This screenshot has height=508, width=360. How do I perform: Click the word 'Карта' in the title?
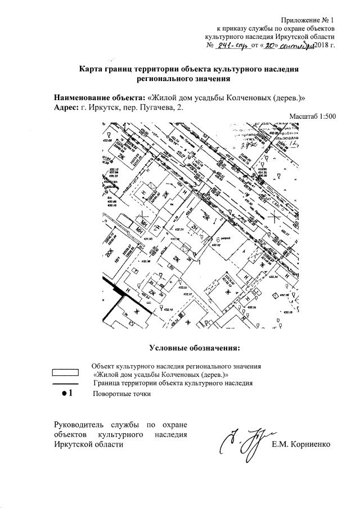click(x=92, y=69)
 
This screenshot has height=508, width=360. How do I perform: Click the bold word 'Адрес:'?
click(x=64, y=107)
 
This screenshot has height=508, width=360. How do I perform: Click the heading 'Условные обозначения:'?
click(x=194, y=345)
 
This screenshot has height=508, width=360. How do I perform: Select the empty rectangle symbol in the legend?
click(x=65, y=372)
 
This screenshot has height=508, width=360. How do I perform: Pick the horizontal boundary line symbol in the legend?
click(x=65, y=383)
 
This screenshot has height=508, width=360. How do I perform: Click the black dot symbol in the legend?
click(x=64, y=393)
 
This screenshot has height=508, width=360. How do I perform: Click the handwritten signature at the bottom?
click(x=244, y=442)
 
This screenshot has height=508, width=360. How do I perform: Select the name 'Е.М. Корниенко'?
click(x=301, y=445)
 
